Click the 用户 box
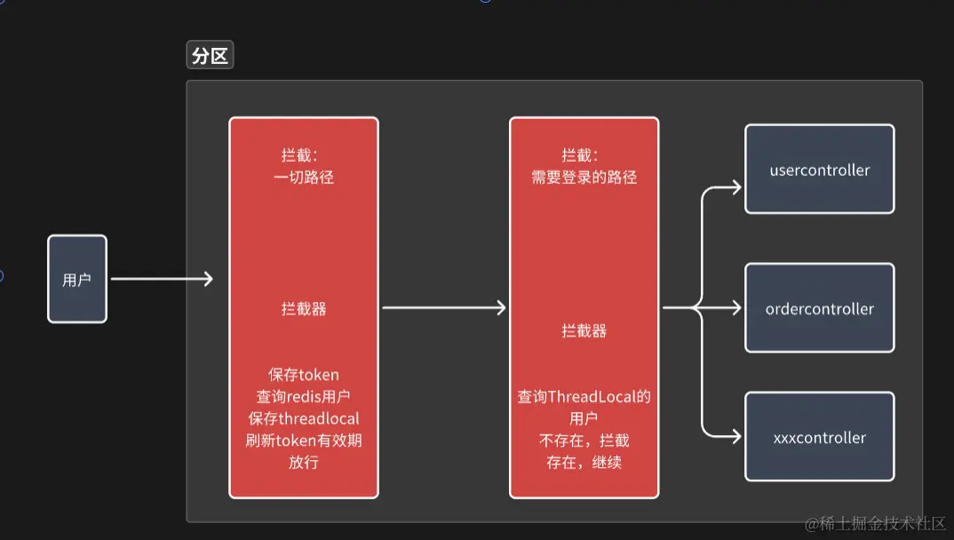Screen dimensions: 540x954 pyautogui.click(x=77, y=279)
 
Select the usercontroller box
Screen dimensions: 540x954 pyautogui.click(x=819, y=170)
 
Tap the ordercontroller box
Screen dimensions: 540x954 pyautogui.click(x=819, y=308)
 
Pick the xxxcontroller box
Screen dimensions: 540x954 pyautogui.click(x=819, y=437)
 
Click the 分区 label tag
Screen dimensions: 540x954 pyautogui.click(x=210, y=56)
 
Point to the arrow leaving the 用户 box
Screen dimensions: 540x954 pyautogui.click(x=160, y=279)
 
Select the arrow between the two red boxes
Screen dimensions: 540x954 pyautogui.click(x=443, y=307)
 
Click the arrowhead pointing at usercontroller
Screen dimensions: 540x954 pyautogui.click(x=735, y=187)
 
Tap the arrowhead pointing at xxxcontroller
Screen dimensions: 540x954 pyautogui.click(x=735, y=436)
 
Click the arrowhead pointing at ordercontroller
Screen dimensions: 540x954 pyautogui.click(x=735, y=308)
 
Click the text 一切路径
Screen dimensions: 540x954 pyautogui.click(x=304, y=177)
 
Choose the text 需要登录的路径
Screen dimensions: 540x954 pyautogui.click(x=584, y=177)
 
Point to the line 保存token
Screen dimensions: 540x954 pyautogui.click(x=304, y=374)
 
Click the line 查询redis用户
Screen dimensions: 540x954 pyautogui.click(x=304, y=396)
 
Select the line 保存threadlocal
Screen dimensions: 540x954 pyautogui.click(x=304, y=418)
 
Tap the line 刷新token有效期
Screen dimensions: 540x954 pyautogui.click(x=304, y=441)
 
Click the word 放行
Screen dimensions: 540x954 pyautogui.click(x=304, y=463)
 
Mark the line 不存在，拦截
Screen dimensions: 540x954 pyautogui.click(x=584, y=441)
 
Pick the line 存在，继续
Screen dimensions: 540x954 pyautogui.click(x=584, y=463)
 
